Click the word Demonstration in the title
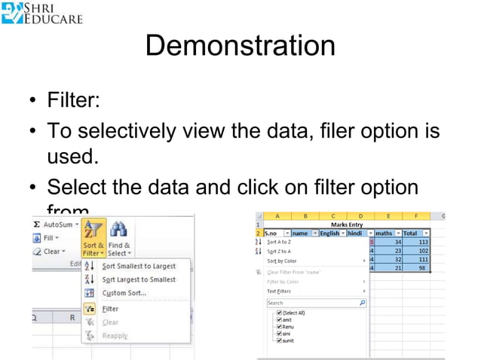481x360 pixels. click(x=240, y=46)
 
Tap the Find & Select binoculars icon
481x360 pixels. click(x=118, y=228)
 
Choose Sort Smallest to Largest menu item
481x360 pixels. click(x=139, y=266)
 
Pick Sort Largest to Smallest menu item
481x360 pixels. click(x=139, y=279)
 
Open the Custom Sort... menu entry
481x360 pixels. click(x=124, y=293)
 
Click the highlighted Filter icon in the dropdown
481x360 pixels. click(x=89, y=309)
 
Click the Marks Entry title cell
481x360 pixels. click(x=346, y=224)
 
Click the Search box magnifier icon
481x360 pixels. click(x=362, y=302)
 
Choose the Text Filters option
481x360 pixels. click(x=280, y=291)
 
